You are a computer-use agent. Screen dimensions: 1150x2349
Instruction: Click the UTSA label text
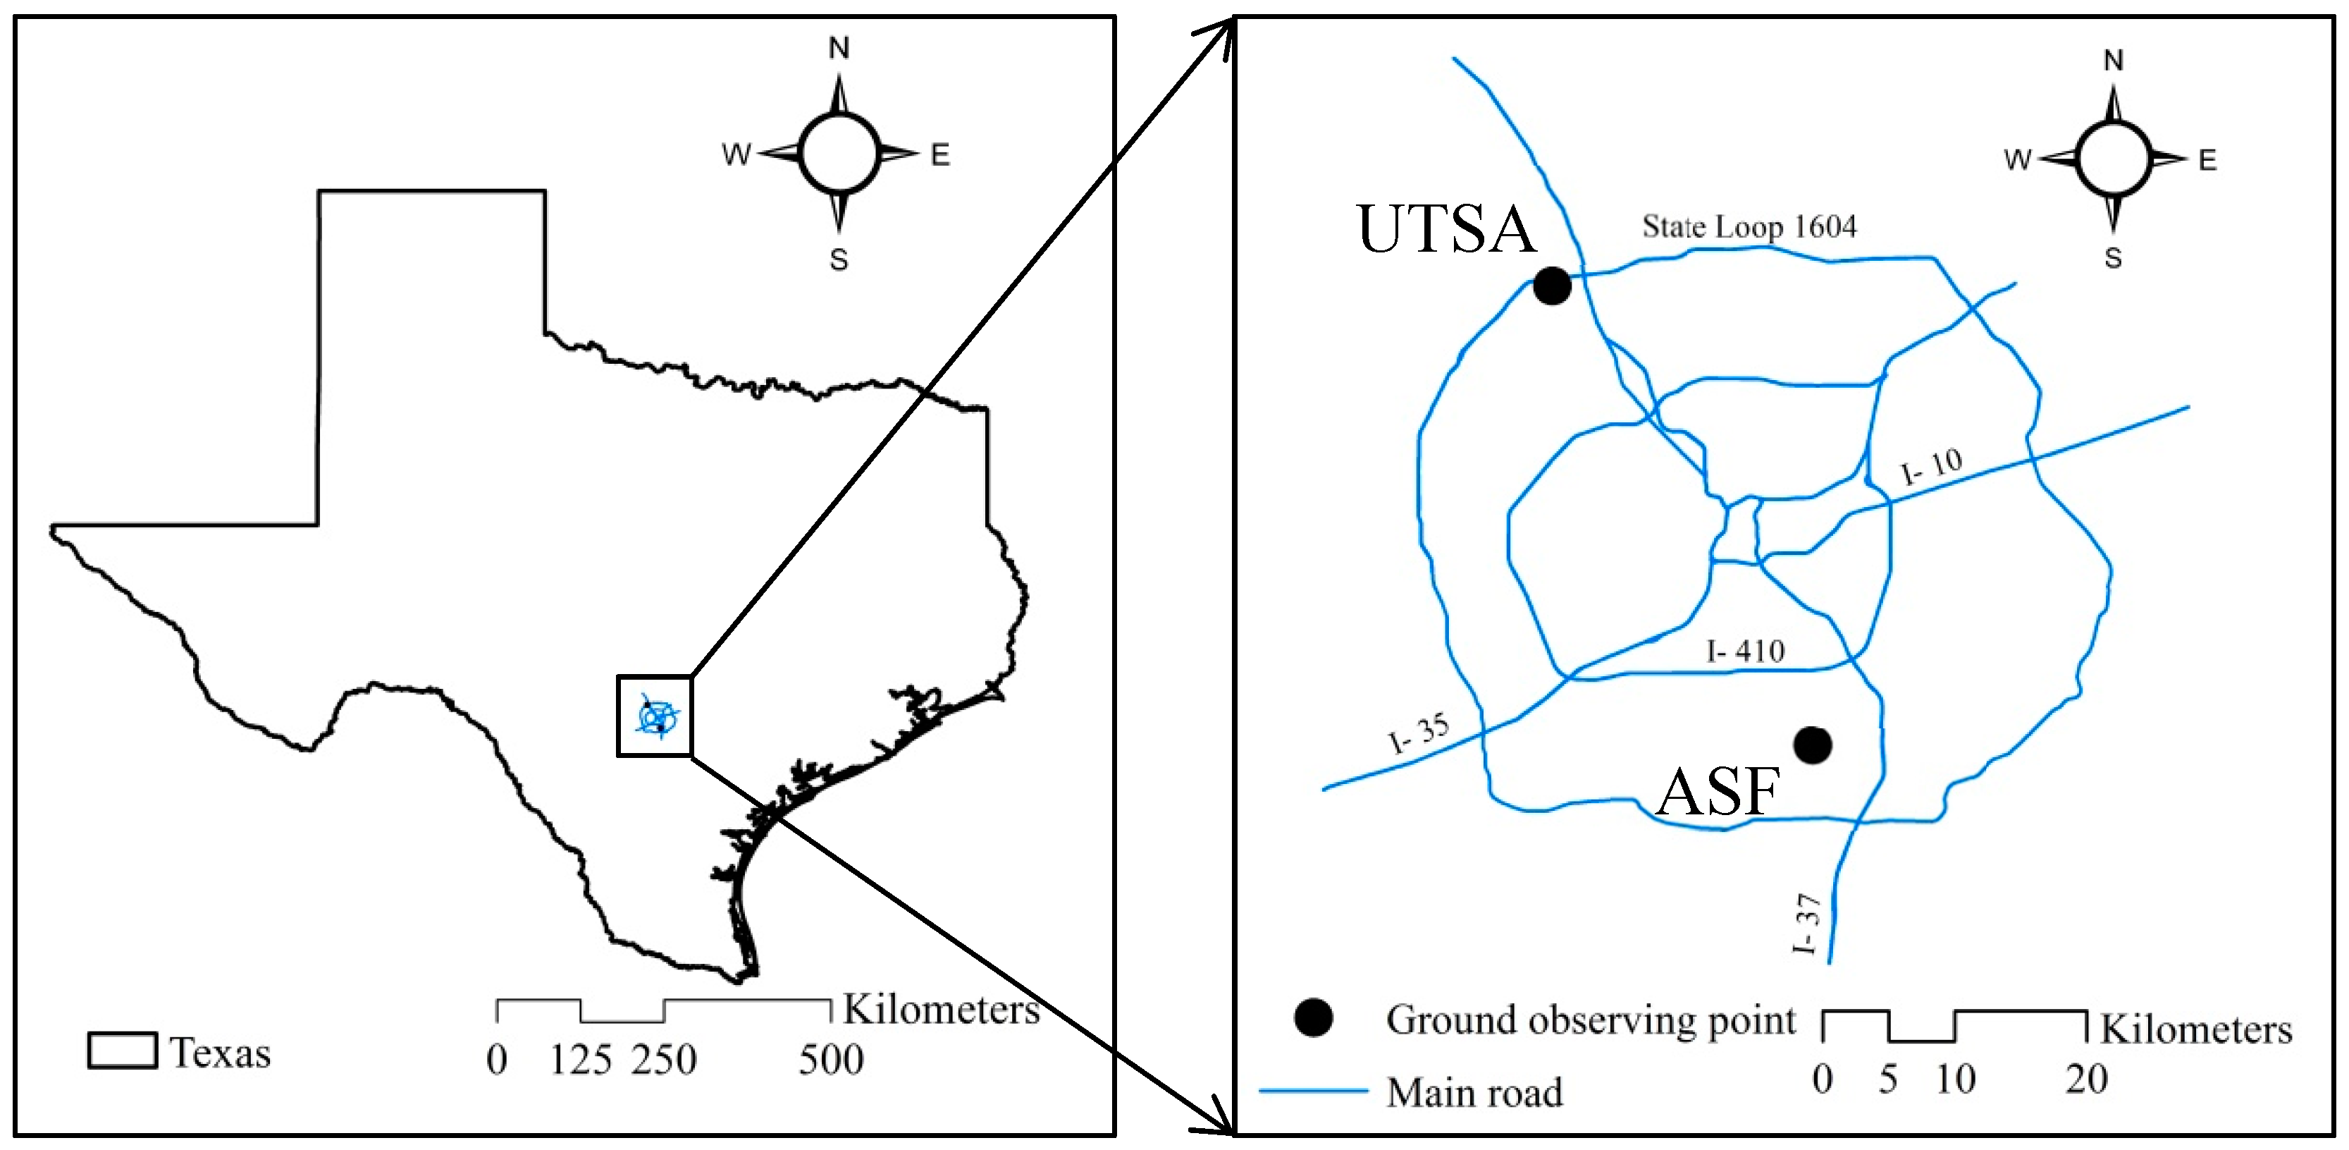(x=1446, y=229)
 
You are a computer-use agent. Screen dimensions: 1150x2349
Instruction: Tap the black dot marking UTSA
(x=1552, y=286)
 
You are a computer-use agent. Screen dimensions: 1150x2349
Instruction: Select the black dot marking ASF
(x=1812, y=745)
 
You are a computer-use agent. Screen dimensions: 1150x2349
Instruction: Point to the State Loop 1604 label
(x=1749, y=226)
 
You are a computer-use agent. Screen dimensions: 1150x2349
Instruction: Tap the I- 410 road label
(x=1745, y=652)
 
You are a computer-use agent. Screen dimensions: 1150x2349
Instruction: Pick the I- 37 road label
(x=1806, y=923)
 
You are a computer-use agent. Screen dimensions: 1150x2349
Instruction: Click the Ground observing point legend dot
(x=1313, y=1017)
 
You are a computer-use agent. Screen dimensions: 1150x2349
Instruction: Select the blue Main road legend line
(x=1313, y=1091)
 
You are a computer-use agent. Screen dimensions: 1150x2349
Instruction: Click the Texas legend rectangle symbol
(x=122, y=1051)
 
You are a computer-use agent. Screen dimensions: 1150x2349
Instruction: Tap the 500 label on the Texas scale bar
(x=831, y=1060)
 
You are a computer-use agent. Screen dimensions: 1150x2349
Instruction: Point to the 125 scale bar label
(x=581, y=1060)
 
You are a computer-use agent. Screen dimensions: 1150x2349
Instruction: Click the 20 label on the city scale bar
(x=2086, y=1079)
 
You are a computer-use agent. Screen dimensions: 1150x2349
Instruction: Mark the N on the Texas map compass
(x=839, y=47)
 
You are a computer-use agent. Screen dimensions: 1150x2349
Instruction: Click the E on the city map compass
(x=2207, y=161)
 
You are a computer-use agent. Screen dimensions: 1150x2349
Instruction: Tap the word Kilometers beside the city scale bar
(x=2196, y=1029)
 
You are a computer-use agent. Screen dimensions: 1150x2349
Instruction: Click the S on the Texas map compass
(x=839, y=260)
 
